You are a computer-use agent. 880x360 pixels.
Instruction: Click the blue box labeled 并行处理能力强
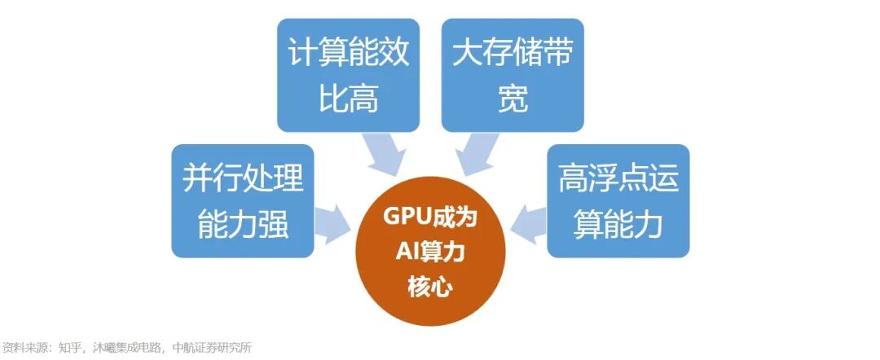242,200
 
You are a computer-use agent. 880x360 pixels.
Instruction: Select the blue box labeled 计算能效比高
348,75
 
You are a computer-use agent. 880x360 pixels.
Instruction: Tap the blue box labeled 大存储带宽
513,75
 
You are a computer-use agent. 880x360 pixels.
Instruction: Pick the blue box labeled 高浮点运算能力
618,200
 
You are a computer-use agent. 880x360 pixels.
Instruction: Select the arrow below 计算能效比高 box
382,154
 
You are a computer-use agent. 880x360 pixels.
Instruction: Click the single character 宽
513,100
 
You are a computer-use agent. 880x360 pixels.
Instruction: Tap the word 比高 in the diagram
348,100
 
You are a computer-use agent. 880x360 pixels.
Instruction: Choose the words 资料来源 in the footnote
23,348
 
